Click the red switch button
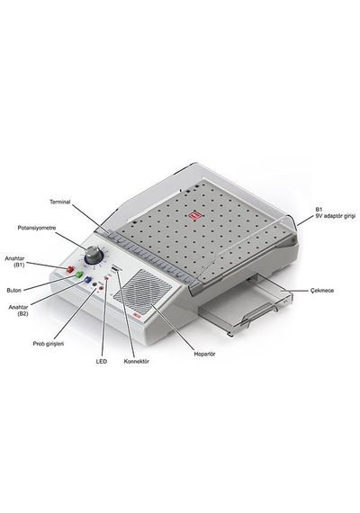click(69, 269)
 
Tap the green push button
click(79, 274)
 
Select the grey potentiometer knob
click(93, 254)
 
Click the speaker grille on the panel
click(142, 291)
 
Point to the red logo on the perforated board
click(195, 215)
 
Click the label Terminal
click(60, 202)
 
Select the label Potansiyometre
click(37, 228)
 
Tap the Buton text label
click(13, 290)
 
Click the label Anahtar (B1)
click(14, 262)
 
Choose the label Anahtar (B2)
click(18, 310)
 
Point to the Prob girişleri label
click(48, 344)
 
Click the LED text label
click(101, 362)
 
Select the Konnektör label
click(137, 362)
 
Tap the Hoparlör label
click(205, 354)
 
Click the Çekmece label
click(322, 290)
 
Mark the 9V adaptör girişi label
click(335, 216)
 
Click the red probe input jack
click(101, 288)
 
